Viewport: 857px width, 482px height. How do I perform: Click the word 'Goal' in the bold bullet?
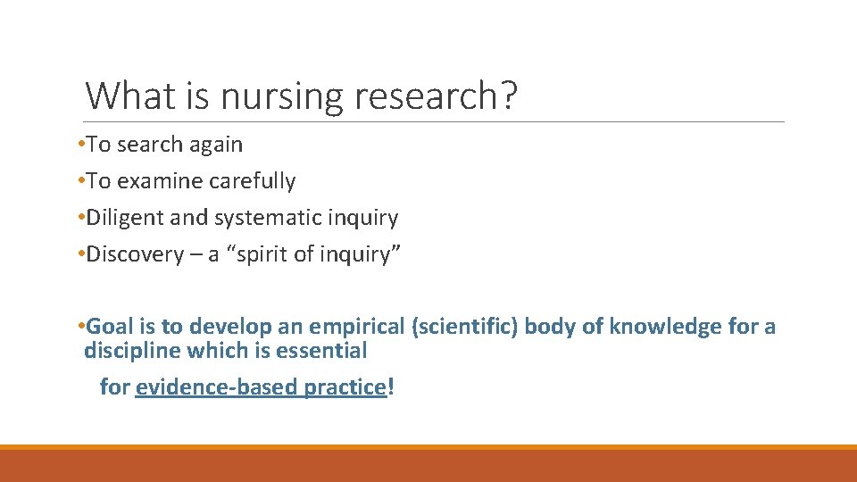click(109, 327)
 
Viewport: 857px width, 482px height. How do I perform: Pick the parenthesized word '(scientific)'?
click(465, 327)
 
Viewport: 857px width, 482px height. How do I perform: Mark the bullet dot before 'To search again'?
click(81, 144)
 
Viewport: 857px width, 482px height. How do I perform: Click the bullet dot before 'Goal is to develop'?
click(81, 326)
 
